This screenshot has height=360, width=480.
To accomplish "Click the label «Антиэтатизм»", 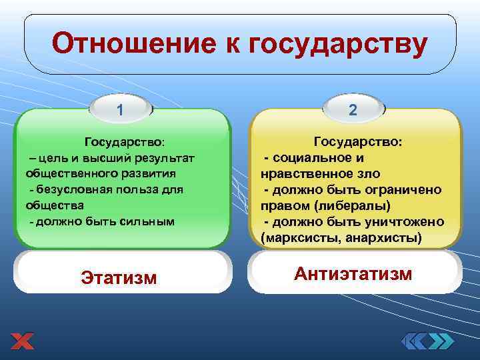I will coord(353,273).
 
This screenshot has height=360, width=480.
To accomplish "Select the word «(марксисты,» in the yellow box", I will coord(298,237).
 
